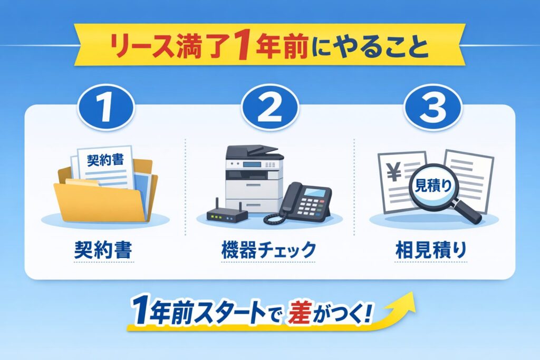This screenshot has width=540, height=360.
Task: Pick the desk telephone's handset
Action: click(287, 203)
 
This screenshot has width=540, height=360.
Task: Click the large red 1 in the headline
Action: click(241, 48)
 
